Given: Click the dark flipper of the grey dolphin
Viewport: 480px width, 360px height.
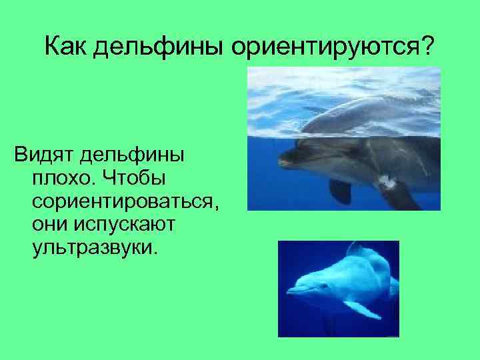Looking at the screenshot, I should pyautogui.click(x=341, y=191).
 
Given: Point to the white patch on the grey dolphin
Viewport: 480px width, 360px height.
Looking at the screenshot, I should pyautogui.click(x=385, y=178).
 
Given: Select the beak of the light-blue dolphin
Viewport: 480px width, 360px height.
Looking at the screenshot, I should pyautogui.click(x=293, y=291).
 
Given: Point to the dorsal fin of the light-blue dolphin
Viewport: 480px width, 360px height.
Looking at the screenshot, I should pyautogui.click(x=357, y=249).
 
